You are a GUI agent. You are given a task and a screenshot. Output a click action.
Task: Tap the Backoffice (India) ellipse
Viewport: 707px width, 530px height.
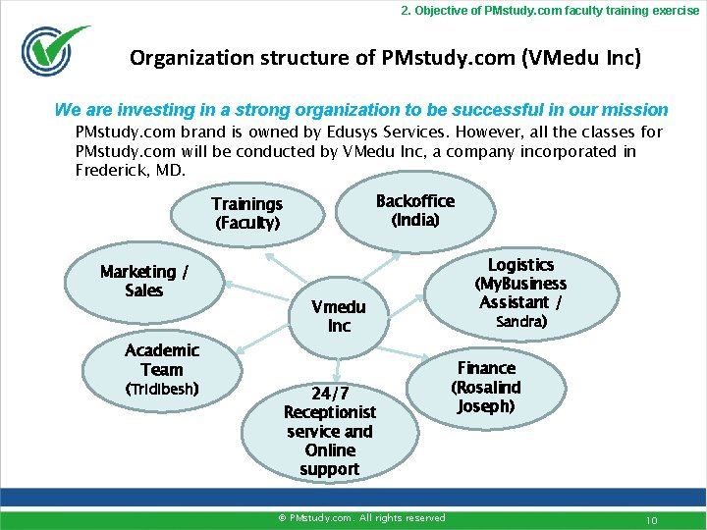[x=414, y=210]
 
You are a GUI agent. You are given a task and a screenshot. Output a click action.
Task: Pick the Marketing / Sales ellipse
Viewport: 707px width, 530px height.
[x=144, y=281]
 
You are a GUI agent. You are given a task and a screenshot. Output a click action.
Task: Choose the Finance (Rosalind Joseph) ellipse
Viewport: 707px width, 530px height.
[x=485, y=387]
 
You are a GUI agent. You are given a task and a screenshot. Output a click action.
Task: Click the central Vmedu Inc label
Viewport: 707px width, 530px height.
[x=338, y=316]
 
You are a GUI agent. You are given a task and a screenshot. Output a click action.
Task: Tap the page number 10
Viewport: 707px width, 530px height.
[x=651, y=518]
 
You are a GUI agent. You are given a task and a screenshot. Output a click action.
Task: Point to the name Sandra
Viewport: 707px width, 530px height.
[x=520, y=322]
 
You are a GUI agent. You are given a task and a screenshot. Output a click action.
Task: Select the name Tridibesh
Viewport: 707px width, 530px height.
[x=162, y=389]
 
